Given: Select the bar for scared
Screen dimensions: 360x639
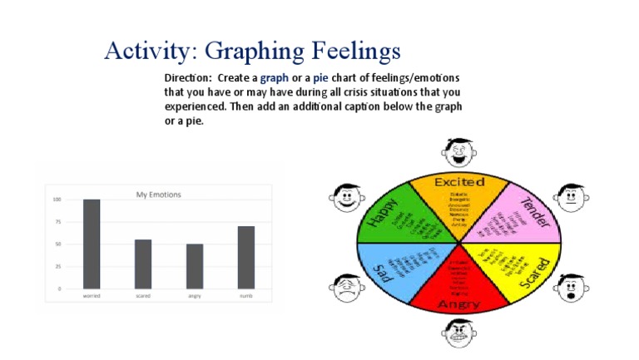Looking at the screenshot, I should [143, 264].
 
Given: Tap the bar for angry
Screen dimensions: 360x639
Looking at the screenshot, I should [195, 266].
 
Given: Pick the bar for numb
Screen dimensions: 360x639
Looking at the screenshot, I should [245, 257].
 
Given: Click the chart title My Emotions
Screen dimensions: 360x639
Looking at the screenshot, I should [158, 195].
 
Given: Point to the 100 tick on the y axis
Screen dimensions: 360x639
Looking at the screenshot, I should [57, 200].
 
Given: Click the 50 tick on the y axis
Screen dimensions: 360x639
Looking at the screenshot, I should [58, 244].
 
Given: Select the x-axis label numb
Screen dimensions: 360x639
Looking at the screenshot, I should [245, 296].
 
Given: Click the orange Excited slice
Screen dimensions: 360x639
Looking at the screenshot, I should [459, 199].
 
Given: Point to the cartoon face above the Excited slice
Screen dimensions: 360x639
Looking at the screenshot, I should [458, 151].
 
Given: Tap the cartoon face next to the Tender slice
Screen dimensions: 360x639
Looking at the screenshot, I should [571, 198].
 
